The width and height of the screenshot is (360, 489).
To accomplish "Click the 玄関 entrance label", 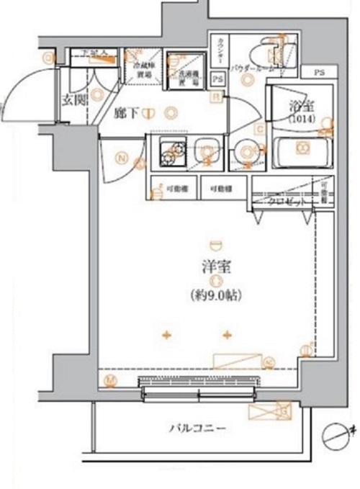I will (x=73, y=100).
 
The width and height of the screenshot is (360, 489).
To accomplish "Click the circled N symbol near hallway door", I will (x=122, y=160).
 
